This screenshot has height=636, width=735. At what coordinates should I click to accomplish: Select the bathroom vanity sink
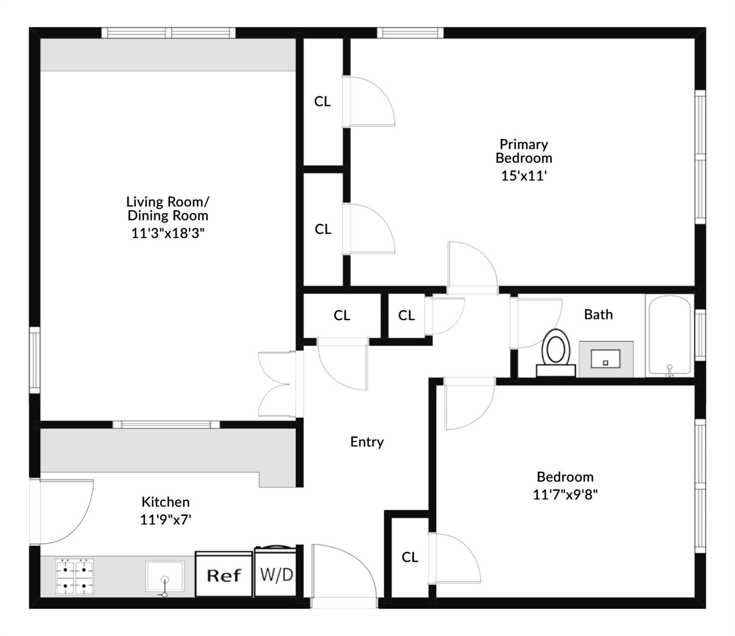(605, 359)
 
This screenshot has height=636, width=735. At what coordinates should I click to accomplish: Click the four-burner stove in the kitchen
(75, 576)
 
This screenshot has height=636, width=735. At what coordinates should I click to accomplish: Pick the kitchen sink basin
(165, 576)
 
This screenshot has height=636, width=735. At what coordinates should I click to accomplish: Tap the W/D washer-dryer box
(276, 575)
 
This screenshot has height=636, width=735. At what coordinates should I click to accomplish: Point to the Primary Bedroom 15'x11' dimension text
(524, 176)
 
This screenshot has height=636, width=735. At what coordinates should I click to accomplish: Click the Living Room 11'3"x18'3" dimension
(168, 234)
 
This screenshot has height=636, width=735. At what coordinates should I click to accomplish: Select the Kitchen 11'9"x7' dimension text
(166, 519)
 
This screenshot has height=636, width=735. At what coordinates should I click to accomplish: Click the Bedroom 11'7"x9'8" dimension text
(565, 494)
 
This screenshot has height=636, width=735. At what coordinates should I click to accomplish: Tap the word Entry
(367, 442)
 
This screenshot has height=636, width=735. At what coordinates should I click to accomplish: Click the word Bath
(598, 315)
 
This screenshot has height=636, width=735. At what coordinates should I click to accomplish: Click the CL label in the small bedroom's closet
(410, 557)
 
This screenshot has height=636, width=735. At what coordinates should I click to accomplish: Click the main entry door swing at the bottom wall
(344, 576)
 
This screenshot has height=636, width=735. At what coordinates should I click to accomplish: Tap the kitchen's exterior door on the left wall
(62, 511)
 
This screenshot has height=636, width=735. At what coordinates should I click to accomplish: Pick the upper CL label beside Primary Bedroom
(322, 101)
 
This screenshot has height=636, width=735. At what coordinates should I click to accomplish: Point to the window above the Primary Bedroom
(410, 33)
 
